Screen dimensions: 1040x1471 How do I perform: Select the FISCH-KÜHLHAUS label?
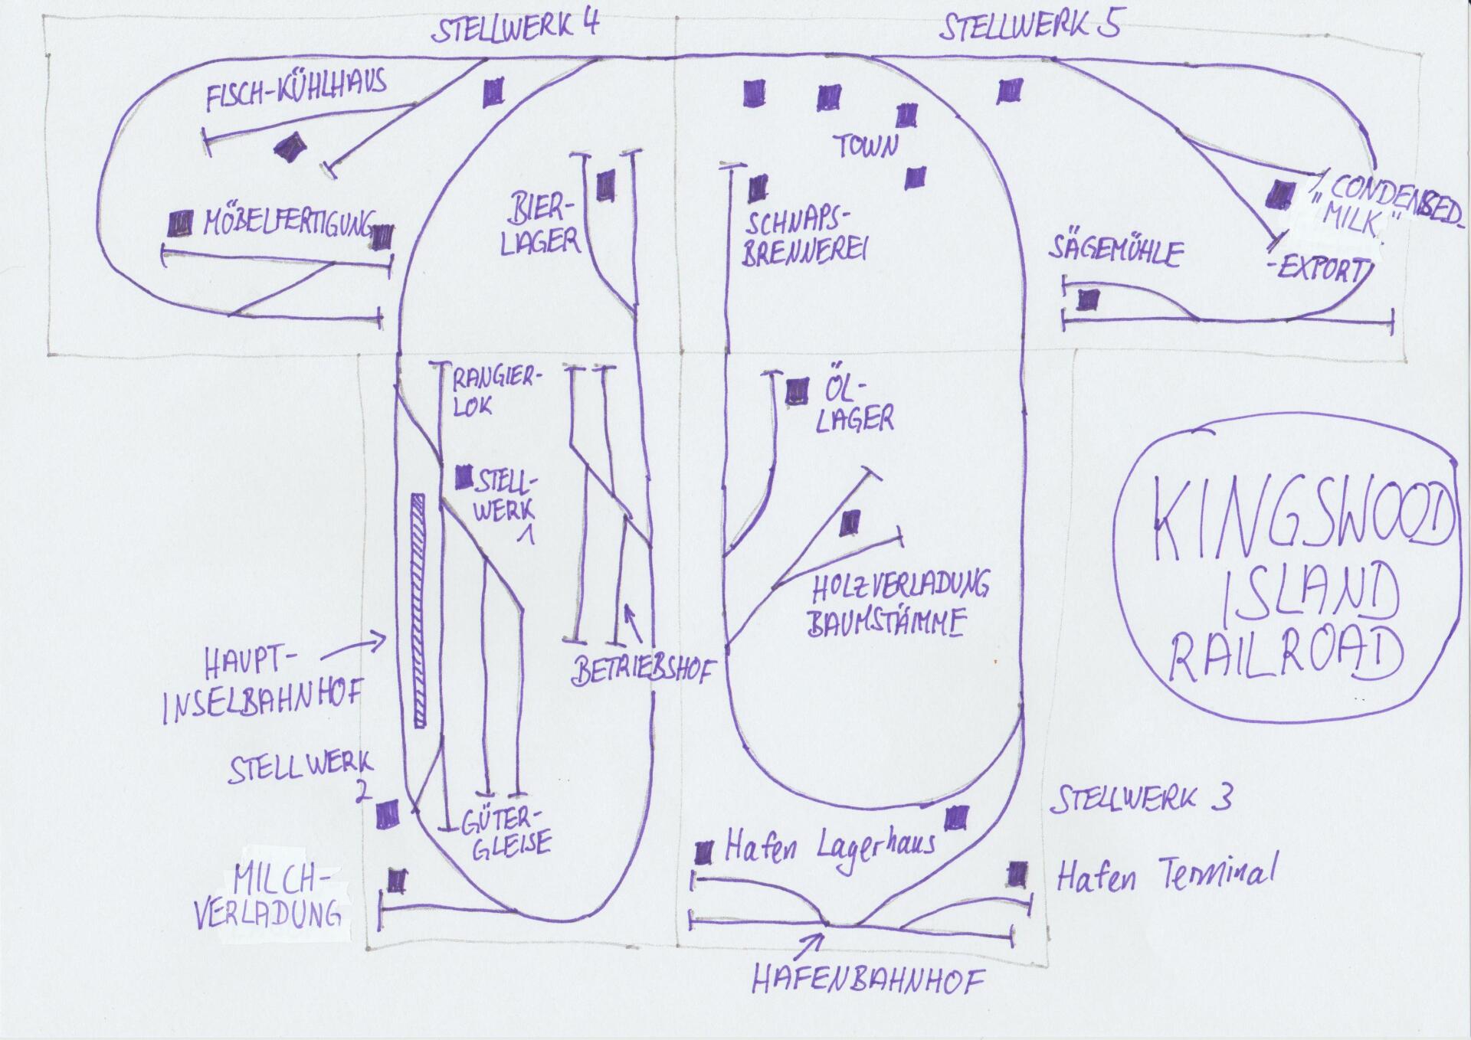(296, 93)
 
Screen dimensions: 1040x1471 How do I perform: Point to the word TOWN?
(866, 146)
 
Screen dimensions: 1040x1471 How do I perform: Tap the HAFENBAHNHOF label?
(868, 979)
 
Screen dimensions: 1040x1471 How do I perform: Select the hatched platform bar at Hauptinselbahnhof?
(418, 610)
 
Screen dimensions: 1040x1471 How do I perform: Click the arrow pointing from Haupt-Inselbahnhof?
(352, 647)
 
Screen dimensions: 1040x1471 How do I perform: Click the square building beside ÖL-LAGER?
(798, 392)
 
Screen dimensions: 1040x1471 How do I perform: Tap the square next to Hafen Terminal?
(1017, 873)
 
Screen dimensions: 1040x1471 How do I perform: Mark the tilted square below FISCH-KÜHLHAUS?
(290, 146)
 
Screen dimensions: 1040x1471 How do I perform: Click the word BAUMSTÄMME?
(886, 622)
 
